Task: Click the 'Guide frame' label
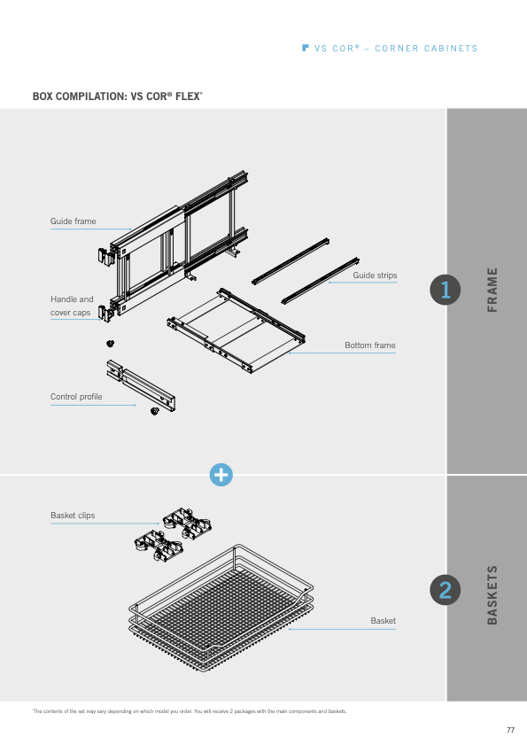pos(74,221)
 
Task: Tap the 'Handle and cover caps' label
pos(72,306)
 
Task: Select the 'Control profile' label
pos(76,397)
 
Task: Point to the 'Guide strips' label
pos(375,275)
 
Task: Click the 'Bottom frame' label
pos(370,345)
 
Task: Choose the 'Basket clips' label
pos(73,516)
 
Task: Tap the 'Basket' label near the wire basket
pos(383,621)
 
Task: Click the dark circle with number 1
pos(446,290)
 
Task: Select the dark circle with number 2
pos(446,590)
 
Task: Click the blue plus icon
pos(221,475)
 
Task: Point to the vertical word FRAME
pos(492,290)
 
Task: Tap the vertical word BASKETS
pos(492,595)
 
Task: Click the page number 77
pos(510,730)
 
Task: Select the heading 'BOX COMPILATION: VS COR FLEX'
pos(118,96)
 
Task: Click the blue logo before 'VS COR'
pos(306,48)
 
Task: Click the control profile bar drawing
pos(141,384)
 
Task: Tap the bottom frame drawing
pos(236,330)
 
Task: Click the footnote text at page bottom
pos(190,711)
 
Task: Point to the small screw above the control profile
pos(110,343)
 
